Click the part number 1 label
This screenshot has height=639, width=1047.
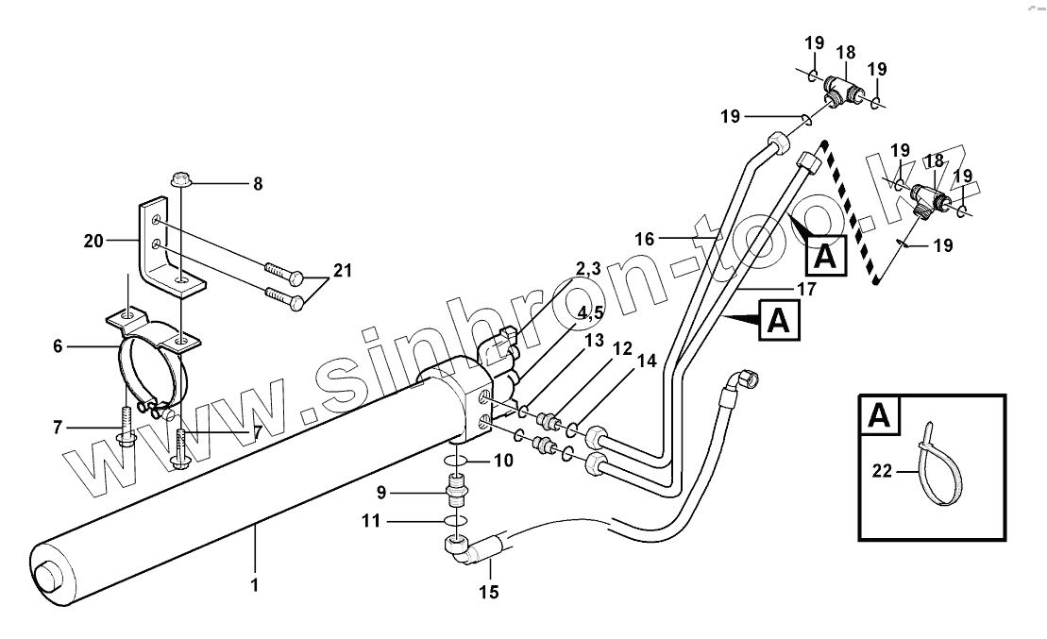pyautogui.click(x=253, y=585)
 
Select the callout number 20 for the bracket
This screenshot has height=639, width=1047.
pyautogui.click(x=93, y=241)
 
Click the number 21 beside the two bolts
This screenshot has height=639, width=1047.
pyautogui.click(x=342, y=271)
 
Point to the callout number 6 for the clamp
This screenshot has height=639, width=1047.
pyautogui.click(x=59, y=347)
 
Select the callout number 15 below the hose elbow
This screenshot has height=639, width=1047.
pyautogui.click(x=489, y=593)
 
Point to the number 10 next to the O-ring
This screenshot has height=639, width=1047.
pyautogui.click(x=503, y=461)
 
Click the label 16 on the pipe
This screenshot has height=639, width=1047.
pyautogui.click(x=644, y=240)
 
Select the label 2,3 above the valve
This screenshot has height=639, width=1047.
pyautogui.click(x=587, y=269)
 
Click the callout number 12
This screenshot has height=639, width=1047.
pyautogui.click(x=620, y=347)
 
